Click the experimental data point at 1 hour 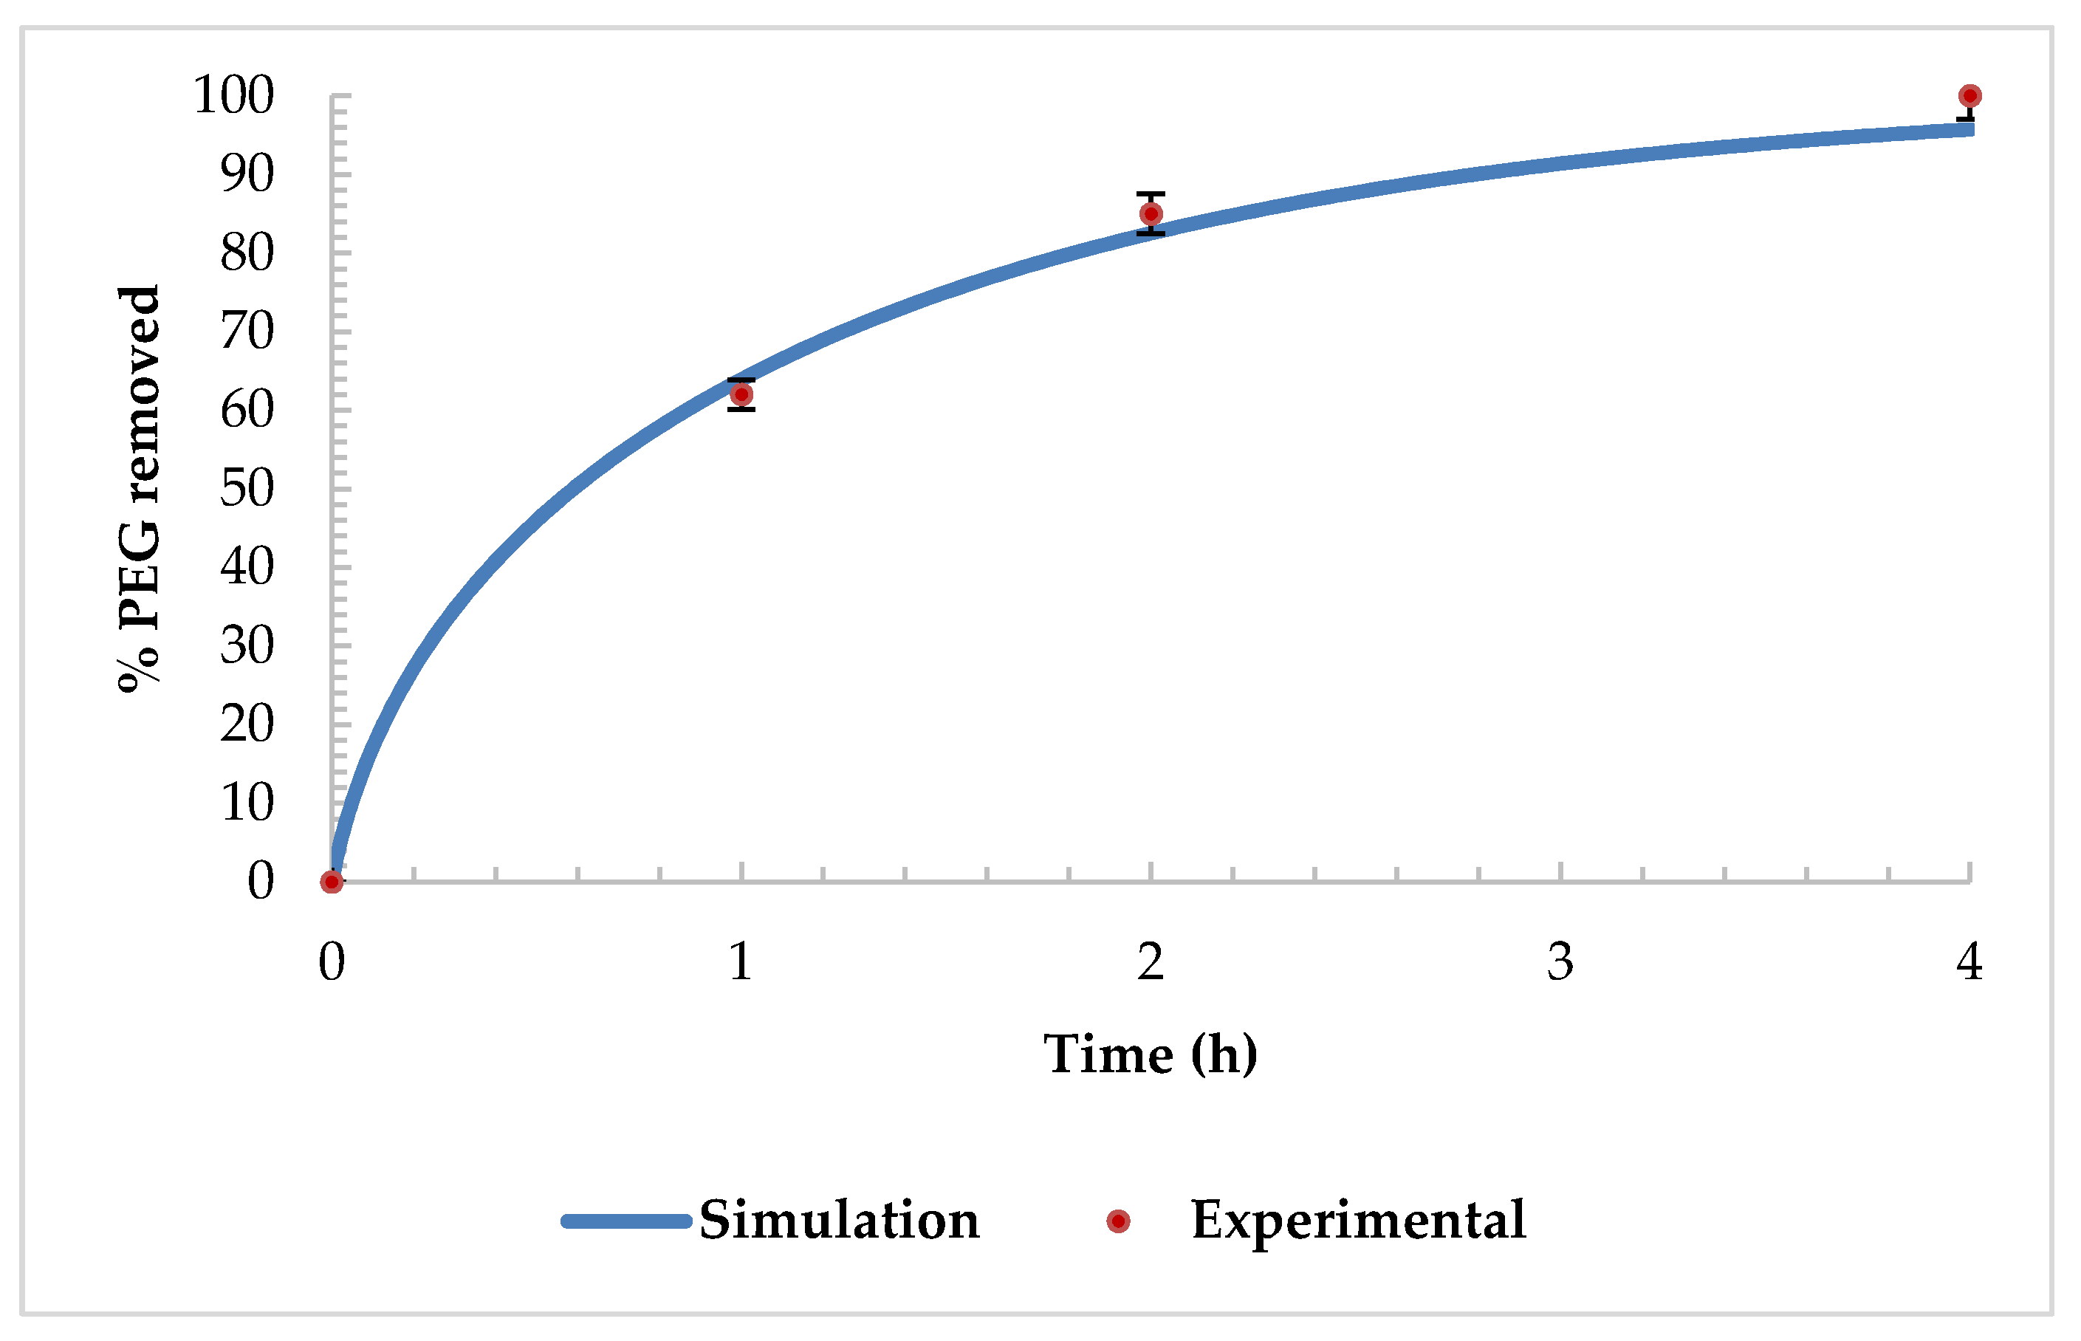741,395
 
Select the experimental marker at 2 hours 1151,214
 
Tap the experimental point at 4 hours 1969,96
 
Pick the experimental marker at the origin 331,882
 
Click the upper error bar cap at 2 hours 1151,193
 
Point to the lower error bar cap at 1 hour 741,408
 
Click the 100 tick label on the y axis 233,95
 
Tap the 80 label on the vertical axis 247,253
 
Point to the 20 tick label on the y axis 247,724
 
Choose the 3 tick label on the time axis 1560,962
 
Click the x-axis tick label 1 740,962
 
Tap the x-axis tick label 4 1969,962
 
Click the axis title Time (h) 1151,1054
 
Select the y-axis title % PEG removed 140,487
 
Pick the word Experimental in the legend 1357,1220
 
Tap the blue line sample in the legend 626,1221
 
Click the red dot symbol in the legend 1118,1221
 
